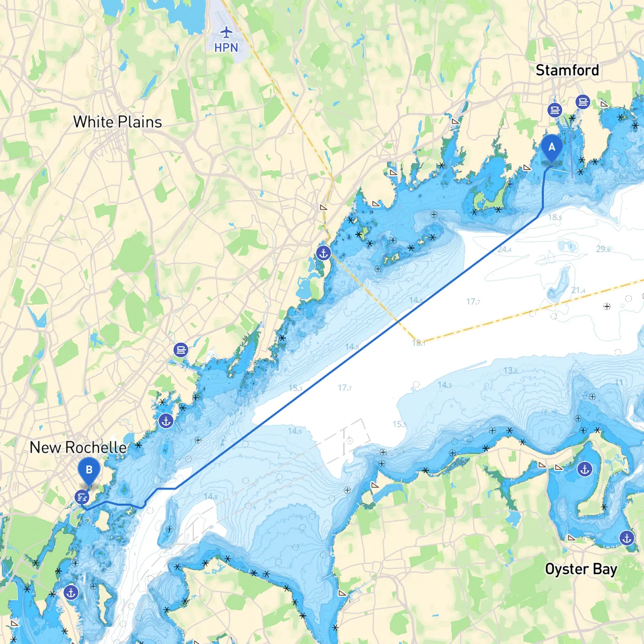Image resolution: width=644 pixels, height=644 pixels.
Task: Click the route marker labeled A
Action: [x=552, y=147]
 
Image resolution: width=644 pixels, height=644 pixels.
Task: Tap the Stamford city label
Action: [x=567, y=70]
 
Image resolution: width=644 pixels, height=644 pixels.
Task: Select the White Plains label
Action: [x=117, y=122]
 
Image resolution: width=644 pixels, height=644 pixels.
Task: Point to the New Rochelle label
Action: [x=78, y=447]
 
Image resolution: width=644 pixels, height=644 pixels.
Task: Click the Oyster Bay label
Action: [x=581, y=569]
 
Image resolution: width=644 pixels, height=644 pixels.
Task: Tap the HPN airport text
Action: [x=226, y=48]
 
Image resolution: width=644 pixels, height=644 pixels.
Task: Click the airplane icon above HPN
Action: [x=226, y=33]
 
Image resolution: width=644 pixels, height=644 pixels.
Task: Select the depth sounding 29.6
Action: [x=603, y=249]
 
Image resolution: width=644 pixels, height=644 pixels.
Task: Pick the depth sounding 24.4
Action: [x=504, y=250]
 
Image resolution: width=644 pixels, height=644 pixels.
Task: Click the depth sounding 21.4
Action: [x=578, y=290]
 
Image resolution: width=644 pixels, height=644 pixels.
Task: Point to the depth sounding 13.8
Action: [x=510, y=371]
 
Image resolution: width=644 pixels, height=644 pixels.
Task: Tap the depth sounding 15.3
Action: [x=295, y=388]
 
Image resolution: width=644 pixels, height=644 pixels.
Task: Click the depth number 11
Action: [x=619, y=382]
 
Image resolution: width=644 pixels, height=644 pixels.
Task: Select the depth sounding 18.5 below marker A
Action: [x=554, y=217]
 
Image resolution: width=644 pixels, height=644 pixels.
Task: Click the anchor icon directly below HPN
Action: [x=324, y=253]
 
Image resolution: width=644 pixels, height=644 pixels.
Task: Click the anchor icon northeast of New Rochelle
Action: [x=166, y=421]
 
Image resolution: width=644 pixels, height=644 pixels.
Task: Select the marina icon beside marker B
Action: [x=82, y=498]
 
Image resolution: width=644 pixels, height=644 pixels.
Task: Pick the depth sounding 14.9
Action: [x=295, y=431]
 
